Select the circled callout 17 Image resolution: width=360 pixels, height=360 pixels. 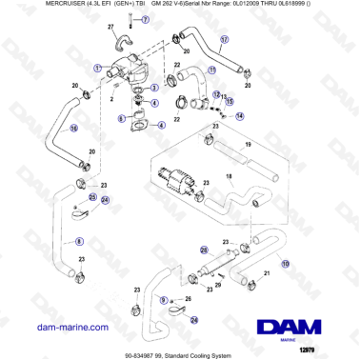click(225, 40)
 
